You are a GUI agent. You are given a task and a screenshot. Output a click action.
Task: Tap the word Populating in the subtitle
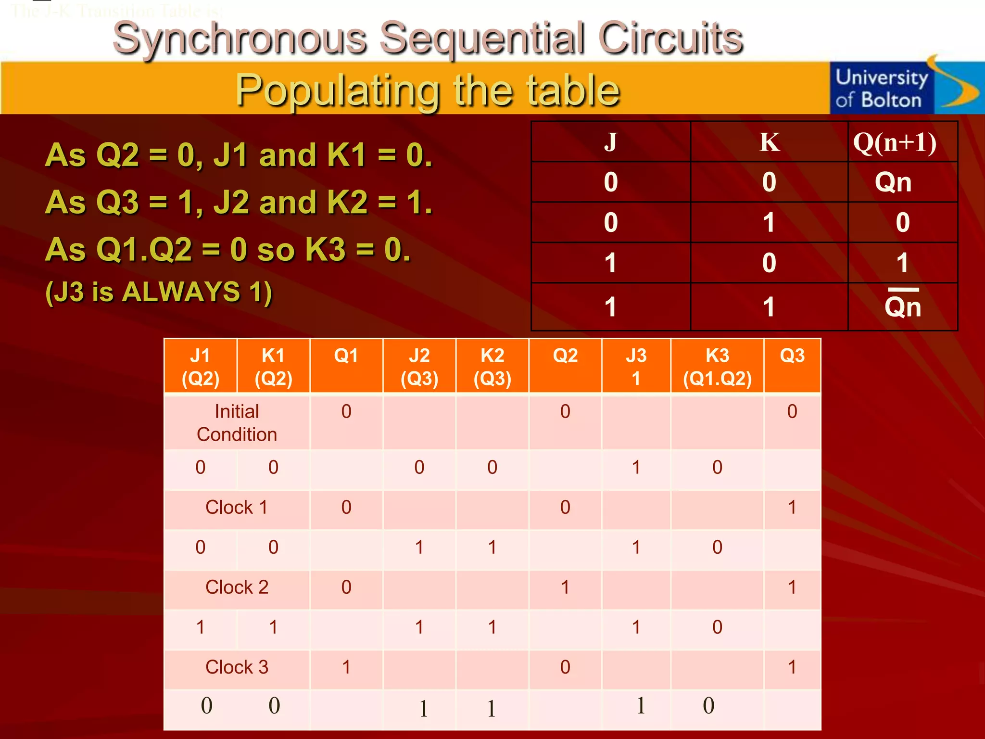pyautogui.click(x=337, y=90)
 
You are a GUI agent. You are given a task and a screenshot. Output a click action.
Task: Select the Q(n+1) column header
pyautogui.click(x=895, y=142)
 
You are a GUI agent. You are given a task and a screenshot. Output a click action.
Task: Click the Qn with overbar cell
pyautogui.click(x=902, y=306)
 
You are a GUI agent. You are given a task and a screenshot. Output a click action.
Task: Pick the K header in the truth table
pyautogui.click(x=769, y=142)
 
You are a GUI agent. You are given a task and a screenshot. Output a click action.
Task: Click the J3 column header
pyautogui.click(x=636, y=367)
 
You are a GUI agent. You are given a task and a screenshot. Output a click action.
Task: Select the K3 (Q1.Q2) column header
pyautogui.click(x=717, y=367)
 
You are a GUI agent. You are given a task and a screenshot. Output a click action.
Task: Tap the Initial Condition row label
pyautogui.click(x=237, y=422)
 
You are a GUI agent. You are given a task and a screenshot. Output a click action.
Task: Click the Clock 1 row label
pyautogui.click(x=237, y=508)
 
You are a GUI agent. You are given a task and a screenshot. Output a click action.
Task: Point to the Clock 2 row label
pyautogui.click(x=237, y=587)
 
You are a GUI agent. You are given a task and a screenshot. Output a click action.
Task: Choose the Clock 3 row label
pyautogui.click(x=237, y=667)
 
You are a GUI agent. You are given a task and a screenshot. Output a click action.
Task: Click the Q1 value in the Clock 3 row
pyautogui.click(x=346, y=667)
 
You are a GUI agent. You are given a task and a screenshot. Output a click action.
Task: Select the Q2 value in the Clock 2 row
pyautogui.click(x=565, y=587)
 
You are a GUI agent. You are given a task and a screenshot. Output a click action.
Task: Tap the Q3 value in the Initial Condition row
pyautogui.click(x=792, y=412)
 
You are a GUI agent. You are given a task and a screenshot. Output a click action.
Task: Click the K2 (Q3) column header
pyautogui.click(x=492, y=367)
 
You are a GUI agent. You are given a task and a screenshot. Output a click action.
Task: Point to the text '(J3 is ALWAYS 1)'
pyautogui.click(x=159, y=292)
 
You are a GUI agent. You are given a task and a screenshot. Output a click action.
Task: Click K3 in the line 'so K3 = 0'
pyautogui.click(x=326, y=250)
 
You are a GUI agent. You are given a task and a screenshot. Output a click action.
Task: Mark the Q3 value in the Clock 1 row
pyautogui.click(x=792, y=508)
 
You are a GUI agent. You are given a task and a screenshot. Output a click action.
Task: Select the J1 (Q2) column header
pyautogui.click(x=201, y=367)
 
